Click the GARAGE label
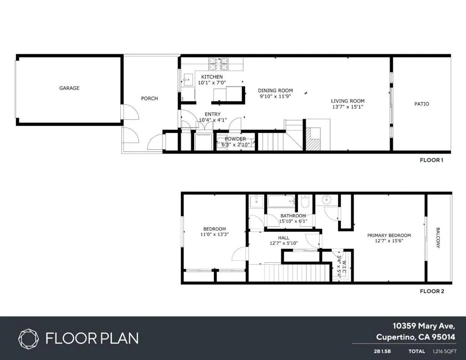pyautogui.click(x=69, y=88)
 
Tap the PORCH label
pyautogui.click(x=149, y=98)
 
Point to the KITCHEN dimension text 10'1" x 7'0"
pyautogui.click(x=212, y=83)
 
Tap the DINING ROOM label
pyautogui.click(x=276, y=91)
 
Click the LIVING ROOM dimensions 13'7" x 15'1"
pyautogui.click(x=347, y=107)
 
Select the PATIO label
pyautogui.click(x=421, y=104)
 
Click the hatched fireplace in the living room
pyautogui.click(x=313, y=139)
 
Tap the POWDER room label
pyautogui.click(x=235, y=139)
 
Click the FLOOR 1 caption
pyautogui.click(x=431, y=160)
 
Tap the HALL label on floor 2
pyautogui.click(x=284, y=238)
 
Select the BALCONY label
pyautogui.click(x=438, y=238)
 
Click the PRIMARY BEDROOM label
pyautogui.click(x=389, y=235)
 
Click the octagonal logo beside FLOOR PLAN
pyautogui.click(x=29, y=338)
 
